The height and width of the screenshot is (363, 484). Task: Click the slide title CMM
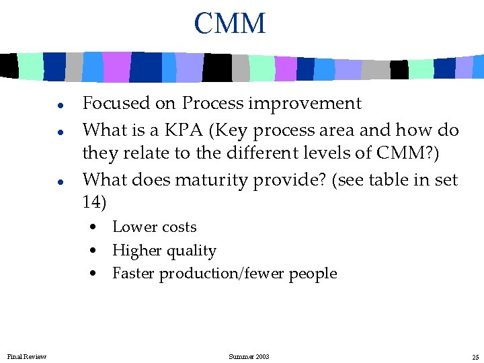[230, 24]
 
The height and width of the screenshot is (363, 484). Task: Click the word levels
[321, 153]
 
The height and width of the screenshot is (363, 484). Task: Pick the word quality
[191, 251]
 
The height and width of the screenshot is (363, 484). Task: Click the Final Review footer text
[27, 356]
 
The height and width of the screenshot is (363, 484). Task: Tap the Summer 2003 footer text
[249, 356]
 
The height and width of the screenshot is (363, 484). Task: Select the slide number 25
[475, 356]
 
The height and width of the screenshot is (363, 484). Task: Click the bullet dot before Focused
[60, 106]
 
